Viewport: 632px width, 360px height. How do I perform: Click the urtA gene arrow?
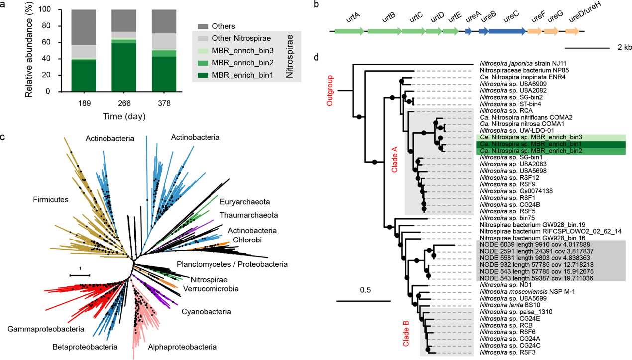[x=349, y=31]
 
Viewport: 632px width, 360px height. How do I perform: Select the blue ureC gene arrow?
[x=507, y=31]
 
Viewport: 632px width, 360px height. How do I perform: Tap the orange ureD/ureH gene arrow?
[x=572, y=31]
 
